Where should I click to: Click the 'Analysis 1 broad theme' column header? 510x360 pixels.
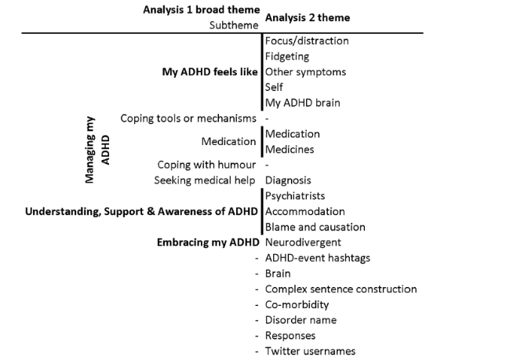click(x=202, y=9)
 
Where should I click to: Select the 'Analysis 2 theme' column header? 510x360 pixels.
click(x=308, y=17)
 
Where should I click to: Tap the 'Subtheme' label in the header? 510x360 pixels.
click(x=234, y=25)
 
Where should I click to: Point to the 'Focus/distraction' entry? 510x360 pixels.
click(x=307, y=41)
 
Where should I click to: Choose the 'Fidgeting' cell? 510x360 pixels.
click(x=287, y=56)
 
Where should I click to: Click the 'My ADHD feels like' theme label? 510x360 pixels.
click(x=209, y=72)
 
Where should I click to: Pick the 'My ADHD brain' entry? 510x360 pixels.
click(x=303, y=103)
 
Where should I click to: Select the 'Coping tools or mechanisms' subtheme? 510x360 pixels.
click(x=188, y=118)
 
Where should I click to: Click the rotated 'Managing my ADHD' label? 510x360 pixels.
click(x=97, y=150)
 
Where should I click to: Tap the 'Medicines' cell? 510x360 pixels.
click(x=290, y=150)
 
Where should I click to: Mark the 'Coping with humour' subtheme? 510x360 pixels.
click(x=206, y=165)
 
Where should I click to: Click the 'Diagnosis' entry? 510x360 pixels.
click(x=288, y=180)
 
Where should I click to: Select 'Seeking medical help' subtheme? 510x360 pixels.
click(x=205, y=180)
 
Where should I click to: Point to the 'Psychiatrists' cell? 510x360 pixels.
click(x=295, y=196)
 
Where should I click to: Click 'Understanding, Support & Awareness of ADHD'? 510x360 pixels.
click(x=141, y=212)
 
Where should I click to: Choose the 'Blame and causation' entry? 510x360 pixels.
click(x=315, y=227)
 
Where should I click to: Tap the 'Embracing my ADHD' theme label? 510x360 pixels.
click(x=208, y=242)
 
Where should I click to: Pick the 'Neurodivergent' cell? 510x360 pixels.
click(x=303, y=242)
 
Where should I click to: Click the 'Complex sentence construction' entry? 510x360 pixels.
click(x=341, y=289)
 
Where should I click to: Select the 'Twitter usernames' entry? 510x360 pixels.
click(x=310, y=351)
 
